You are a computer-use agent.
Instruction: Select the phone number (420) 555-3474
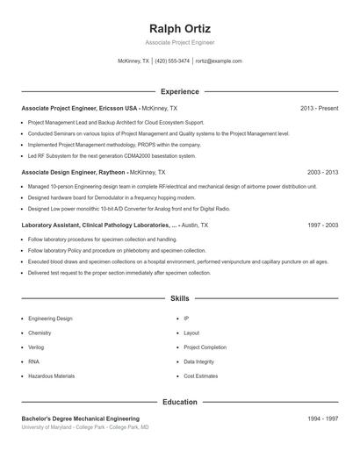click(x=171, y=61)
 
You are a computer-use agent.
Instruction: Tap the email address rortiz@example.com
click(x=219, y=61)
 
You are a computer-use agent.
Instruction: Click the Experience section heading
click(x=180, y=91)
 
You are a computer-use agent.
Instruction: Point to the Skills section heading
click(x=180, y=298)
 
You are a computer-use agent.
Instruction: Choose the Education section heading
click(x=180, y=402)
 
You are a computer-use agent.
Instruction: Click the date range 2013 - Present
click(x=320, y=108)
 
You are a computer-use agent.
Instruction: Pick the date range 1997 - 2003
click(x=323, y=225)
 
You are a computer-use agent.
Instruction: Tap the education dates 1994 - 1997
click(x=323, y=418)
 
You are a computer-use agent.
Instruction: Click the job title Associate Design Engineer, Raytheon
click(x=74, y=173)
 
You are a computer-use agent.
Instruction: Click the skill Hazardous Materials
click(x=51, y=376)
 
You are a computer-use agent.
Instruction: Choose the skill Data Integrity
click(x=199, y=361)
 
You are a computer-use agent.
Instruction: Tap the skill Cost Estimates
click(x=200, y=376)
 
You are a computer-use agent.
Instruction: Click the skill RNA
click(x=34, y=361)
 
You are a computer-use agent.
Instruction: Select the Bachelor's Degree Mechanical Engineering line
click(x=81, y=418)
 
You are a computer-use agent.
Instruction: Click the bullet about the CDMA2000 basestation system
click(x=112, y=156)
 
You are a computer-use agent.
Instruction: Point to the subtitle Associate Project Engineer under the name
click(x=180, y=42)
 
